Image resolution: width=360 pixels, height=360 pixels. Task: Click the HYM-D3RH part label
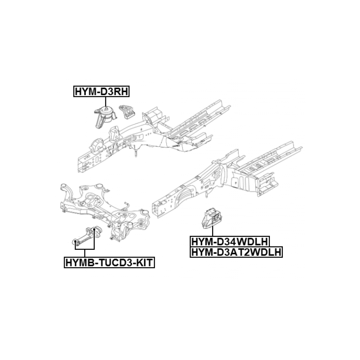click(x=102, y=91)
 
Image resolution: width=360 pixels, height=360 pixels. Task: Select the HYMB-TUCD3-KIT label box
click(x=109, y=262)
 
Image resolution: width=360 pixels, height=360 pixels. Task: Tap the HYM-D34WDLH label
click(x=230, y=242)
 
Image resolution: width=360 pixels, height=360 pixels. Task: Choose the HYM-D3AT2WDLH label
click(x=236, y=252)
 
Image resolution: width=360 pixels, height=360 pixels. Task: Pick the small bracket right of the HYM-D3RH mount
click(x=127, y=112)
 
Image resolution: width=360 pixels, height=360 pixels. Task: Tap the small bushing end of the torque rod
click(x=75, y=242)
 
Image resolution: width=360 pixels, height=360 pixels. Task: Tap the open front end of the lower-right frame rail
click(x=155, y=209)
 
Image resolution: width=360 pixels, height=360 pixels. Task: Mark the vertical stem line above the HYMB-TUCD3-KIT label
click(x=85, y=253)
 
